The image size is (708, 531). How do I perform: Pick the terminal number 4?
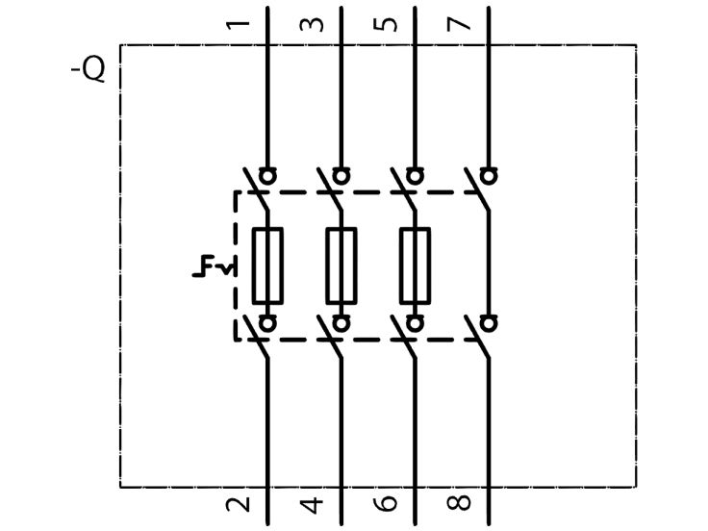(312, 505)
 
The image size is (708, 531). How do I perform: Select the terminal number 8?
(459, 503)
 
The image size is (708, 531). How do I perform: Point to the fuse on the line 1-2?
(267, 265)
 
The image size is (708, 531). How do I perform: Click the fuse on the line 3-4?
(341, 265)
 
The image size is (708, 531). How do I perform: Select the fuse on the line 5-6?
(415, 265)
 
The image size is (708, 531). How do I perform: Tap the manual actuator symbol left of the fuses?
(214, 265)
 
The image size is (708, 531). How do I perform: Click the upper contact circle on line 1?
(267, 176)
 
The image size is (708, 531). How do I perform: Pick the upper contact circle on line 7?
(489, 176)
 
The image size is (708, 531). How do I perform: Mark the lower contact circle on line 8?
(489, 324)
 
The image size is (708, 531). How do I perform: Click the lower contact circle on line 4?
(341, 324)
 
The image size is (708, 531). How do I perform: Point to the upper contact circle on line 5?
(415, 176)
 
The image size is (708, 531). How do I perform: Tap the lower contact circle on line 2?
(267, 324)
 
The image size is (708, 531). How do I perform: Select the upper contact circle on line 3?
(341, 176)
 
